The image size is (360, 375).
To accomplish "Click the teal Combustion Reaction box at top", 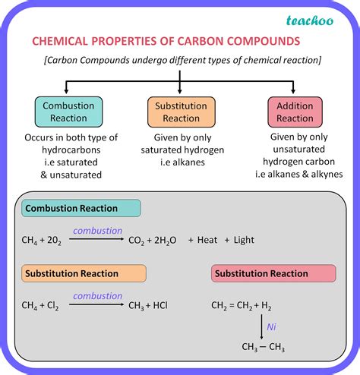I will (x=68, y=112).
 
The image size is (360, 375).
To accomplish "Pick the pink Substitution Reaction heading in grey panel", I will (x=262, y=273).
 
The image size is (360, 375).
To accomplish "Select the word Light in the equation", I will (x=245, y=241).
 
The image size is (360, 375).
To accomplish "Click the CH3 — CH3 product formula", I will (x=263, y=348).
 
